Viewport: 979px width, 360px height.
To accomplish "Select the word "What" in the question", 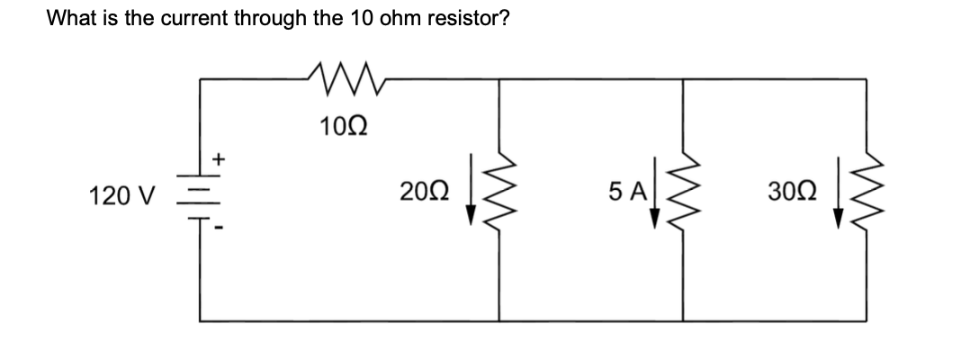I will [67, 18].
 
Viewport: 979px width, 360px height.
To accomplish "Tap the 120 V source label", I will [122, 193].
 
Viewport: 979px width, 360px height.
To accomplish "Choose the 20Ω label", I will [423, 192].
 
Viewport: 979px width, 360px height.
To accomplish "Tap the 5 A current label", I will [625, 192].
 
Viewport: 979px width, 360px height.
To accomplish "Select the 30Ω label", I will [789, 192].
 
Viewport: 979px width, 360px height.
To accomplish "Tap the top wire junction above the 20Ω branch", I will [500, 79].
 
